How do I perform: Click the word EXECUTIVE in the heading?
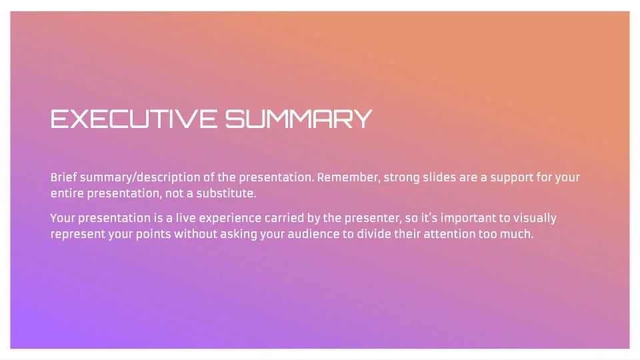coord(134,119)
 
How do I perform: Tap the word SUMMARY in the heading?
coord(299,119)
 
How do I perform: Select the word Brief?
coord(64,177)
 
